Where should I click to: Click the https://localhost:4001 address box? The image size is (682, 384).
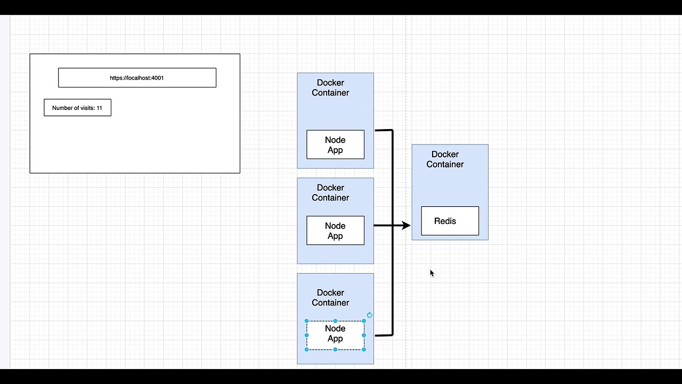[137, 78]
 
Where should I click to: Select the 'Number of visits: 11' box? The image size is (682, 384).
[77, 108]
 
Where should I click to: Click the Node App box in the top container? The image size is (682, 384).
[335, 145]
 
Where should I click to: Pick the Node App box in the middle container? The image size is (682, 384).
[335, 230]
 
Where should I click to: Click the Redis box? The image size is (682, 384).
[450, 221]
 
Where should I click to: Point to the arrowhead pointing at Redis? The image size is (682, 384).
[406, 226]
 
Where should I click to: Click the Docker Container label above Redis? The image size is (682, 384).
[445, 159]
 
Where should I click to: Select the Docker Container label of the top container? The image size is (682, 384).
[330, 87]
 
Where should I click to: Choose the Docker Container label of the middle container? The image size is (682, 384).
[330, 193]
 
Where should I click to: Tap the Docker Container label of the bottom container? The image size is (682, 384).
[330, 298]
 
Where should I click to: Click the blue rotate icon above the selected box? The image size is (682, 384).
[369, 315]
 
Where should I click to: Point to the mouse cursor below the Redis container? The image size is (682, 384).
[432, 273]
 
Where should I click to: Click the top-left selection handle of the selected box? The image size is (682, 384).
[306, 321]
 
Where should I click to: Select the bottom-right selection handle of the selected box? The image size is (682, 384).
[364, 349]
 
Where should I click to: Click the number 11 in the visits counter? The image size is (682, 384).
[99, 108]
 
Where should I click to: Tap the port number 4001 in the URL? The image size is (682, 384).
[158, 78]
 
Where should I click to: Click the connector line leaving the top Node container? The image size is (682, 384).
[384, 130]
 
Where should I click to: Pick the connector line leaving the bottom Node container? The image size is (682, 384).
[384, 335]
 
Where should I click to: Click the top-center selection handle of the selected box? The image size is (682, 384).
[335, 321]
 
